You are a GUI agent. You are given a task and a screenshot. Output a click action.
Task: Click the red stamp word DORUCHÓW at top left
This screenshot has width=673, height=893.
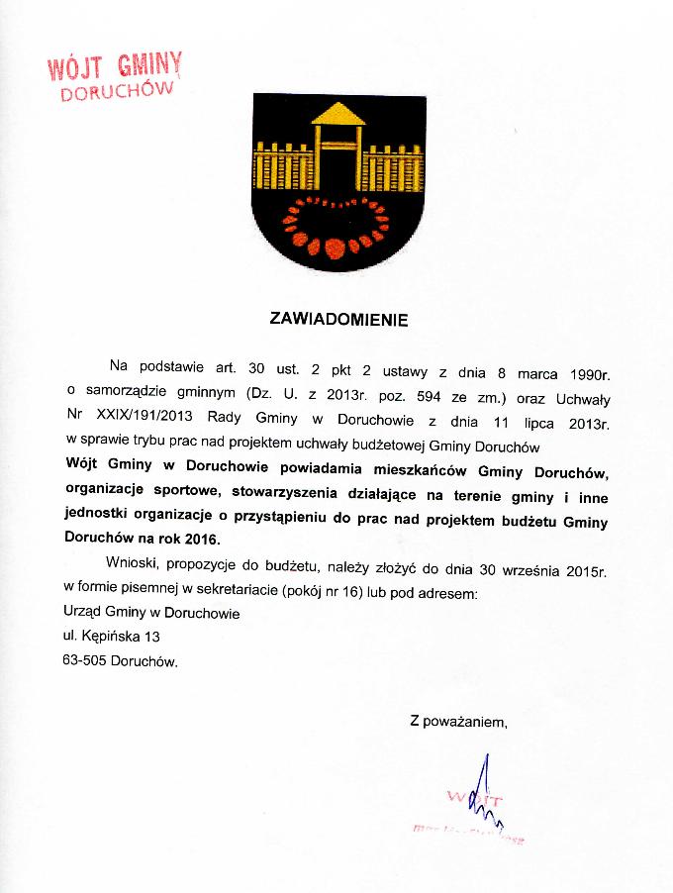(118, 92)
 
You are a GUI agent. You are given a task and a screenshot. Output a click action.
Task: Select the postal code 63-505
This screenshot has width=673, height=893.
(84, 659)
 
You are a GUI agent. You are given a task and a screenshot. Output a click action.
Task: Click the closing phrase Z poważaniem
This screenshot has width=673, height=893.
(458, 721)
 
